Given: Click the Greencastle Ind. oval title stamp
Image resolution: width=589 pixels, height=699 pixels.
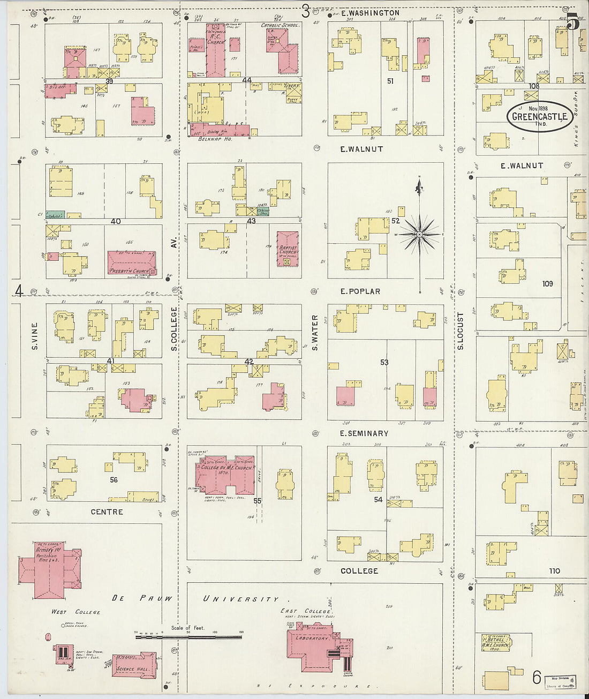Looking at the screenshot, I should tap(540, 116).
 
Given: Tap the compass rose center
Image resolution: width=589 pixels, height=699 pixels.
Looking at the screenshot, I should tap(420, 235).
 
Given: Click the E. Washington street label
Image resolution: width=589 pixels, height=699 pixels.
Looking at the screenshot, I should tap(370, 12).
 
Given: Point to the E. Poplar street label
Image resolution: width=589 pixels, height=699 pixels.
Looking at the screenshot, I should tap(360, 291).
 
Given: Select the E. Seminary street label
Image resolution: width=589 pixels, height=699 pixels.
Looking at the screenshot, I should tap(364, 433).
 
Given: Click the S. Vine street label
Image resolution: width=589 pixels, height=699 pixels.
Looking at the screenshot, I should tap(34, 336).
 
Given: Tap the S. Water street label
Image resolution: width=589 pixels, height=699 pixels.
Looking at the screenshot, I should tap(315, 333).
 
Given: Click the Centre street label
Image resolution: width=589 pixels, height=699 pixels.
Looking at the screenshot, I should tap(107, 512).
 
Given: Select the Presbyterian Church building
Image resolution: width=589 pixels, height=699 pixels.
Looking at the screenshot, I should tap(132, 262).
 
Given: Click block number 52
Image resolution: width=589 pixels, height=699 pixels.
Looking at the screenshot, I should tap(396, 221).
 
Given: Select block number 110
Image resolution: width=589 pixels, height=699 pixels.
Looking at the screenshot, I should tap(554, 571).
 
